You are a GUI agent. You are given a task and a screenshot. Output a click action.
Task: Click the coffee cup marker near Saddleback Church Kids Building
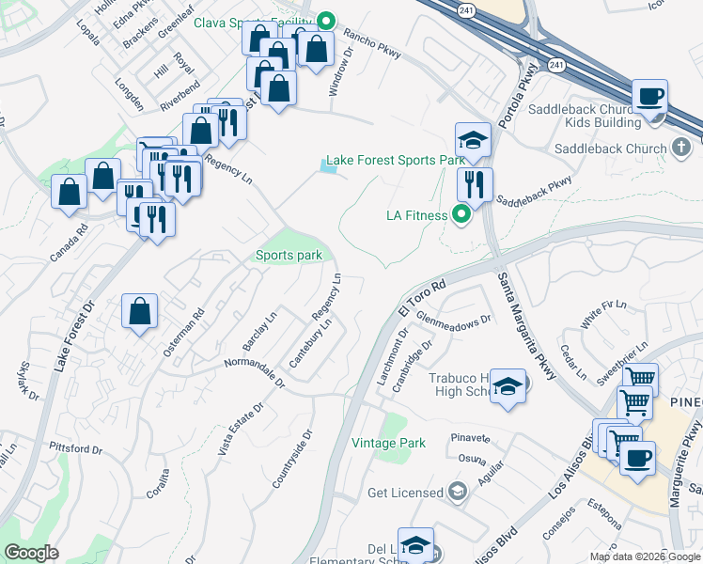[649, 97]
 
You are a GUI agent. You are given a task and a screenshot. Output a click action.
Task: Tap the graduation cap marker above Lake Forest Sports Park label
[473, 141]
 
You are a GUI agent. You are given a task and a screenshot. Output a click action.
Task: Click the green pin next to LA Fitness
[461, 215]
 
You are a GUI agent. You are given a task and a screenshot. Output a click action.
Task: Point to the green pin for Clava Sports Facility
[326, 19]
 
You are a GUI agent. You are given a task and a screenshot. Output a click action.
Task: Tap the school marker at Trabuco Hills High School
[508, 386]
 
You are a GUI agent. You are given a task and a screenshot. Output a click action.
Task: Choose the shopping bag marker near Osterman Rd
[139, 311]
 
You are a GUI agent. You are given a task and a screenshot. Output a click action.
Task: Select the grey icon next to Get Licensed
[457, 493]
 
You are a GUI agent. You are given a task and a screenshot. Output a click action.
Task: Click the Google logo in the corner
[31, 553]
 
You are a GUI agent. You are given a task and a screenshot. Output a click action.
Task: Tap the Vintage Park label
[388, 443]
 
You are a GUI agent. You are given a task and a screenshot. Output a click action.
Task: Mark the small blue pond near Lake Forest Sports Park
[328, 167]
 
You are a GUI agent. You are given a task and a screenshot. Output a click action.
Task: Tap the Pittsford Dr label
[75, 448]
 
